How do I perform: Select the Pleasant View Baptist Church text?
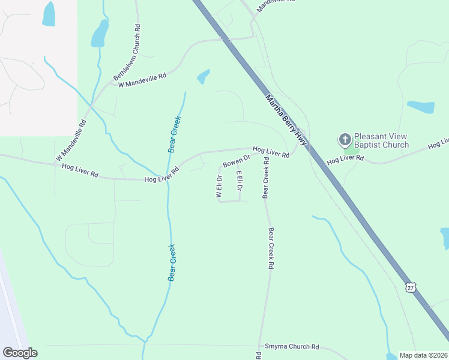tap(381, 140)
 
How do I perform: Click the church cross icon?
tap(345, 140)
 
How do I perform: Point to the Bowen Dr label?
tap(236, 162)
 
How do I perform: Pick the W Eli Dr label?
tap(219, 186)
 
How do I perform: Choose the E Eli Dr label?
tap(240, 181)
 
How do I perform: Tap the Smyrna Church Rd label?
tap(292, 347)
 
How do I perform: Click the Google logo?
tap(20, 353)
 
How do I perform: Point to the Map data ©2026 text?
tap(424, 355)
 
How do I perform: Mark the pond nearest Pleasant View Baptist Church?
tap(421, 107)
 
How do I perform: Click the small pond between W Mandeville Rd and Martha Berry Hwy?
tap(203, 77)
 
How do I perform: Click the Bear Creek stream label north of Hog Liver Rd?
tap(175, 134)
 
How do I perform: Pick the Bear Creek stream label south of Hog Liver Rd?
tap(172, 262)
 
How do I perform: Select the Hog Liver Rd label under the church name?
tap(345, 160)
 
